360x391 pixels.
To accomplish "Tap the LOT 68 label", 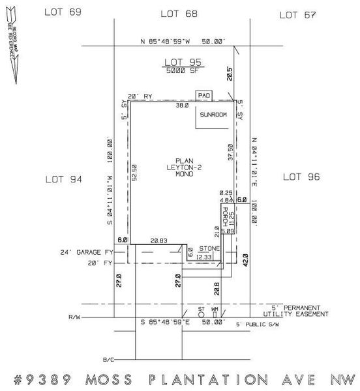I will pos(179,13).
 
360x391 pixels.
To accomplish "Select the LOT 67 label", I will pos(297,14).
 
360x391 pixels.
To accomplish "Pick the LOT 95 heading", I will pos(182,63).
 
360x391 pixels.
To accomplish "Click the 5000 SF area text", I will pos(182,70).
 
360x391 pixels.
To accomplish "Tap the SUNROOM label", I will pos(213,115).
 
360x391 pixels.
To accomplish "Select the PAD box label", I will pos(205,94).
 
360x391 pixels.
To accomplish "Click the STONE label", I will pos(208,248).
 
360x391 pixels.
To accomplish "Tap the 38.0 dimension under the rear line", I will pos(181,106).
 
